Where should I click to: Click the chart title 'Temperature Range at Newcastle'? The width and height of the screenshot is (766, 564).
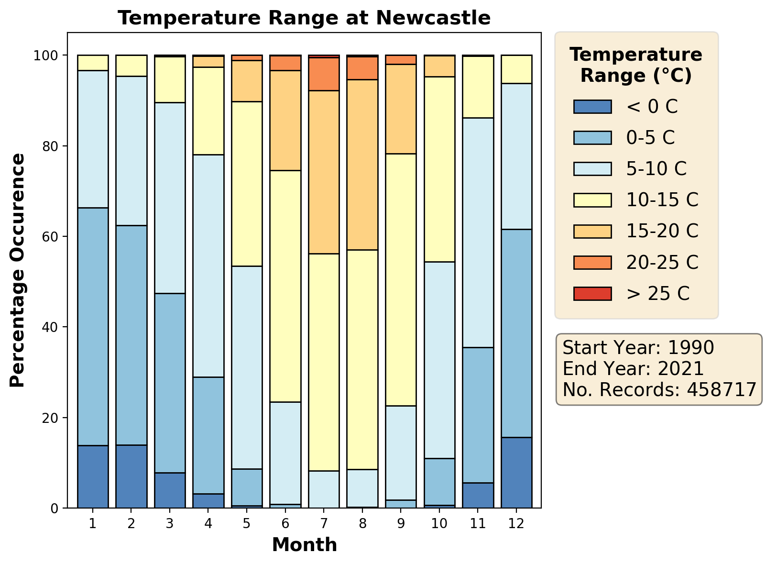click(304, 18)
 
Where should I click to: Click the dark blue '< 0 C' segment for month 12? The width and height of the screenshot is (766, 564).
click(516, 473)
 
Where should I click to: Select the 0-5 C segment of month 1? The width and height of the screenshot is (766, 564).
click(93, 326)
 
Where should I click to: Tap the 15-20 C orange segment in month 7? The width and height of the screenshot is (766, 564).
click(324, 172)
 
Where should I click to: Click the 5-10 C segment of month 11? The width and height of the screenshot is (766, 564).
click(478, 232)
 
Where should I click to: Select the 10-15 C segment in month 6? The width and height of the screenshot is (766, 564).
click(285, 286)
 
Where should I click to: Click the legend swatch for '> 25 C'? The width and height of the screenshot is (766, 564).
click(592, 293)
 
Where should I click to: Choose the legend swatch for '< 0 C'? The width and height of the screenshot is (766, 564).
click(592, 107)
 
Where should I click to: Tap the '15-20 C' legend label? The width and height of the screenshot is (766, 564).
click(662, 231)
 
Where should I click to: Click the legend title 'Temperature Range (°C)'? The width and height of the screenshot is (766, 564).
click(636, 65)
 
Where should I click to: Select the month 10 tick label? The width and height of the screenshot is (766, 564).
click(439, 523)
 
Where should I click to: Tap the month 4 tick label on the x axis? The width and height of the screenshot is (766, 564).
click(208, 523)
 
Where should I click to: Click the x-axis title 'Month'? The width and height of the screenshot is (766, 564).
click(304, 545)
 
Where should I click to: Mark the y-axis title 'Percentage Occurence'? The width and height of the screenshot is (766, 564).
click(18, 270)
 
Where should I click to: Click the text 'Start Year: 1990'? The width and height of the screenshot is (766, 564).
click(638, 348)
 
